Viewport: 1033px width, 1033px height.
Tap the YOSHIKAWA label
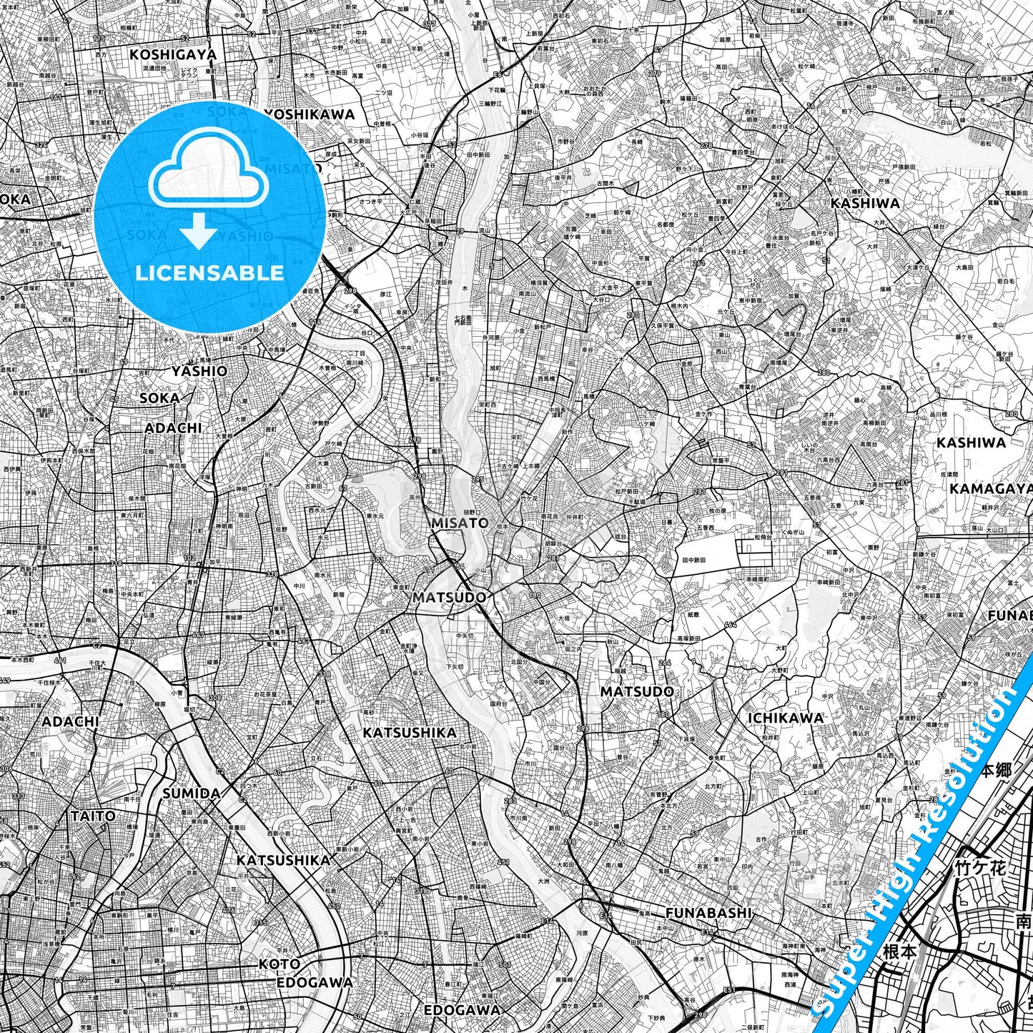pyautogui.click(x=310, y=114)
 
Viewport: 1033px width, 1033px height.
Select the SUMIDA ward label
pyautogui.click(x=191, y=794)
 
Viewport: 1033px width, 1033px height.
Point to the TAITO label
pyautogui.click(x=93, y=816)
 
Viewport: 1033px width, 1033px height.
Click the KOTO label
pyautogui.click(x=280, y=964)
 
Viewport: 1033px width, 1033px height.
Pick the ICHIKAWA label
pyautogui.click(x=785, y=718)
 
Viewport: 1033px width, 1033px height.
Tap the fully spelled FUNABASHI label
pyautogui.click(x=708, y=913)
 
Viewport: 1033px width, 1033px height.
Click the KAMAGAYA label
pyautogui.click(x=991, y=488)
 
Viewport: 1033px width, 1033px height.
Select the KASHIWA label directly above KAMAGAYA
pyautogui.click(x=971, y=443)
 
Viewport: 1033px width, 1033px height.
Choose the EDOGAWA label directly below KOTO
pyautogui.click(x=315, y=982)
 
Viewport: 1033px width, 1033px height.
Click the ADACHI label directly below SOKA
pyautogui.click(x=173, y=427)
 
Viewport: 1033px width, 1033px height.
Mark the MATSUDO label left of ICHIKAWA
pyautogui.click(x=637, y=691)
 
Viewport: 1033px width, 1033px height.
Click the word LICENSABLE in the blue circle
pyautogui.click(x=209, y=272)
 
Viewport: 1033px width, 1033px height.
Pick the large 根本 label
pyautogui.click(x=900, y=952)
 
